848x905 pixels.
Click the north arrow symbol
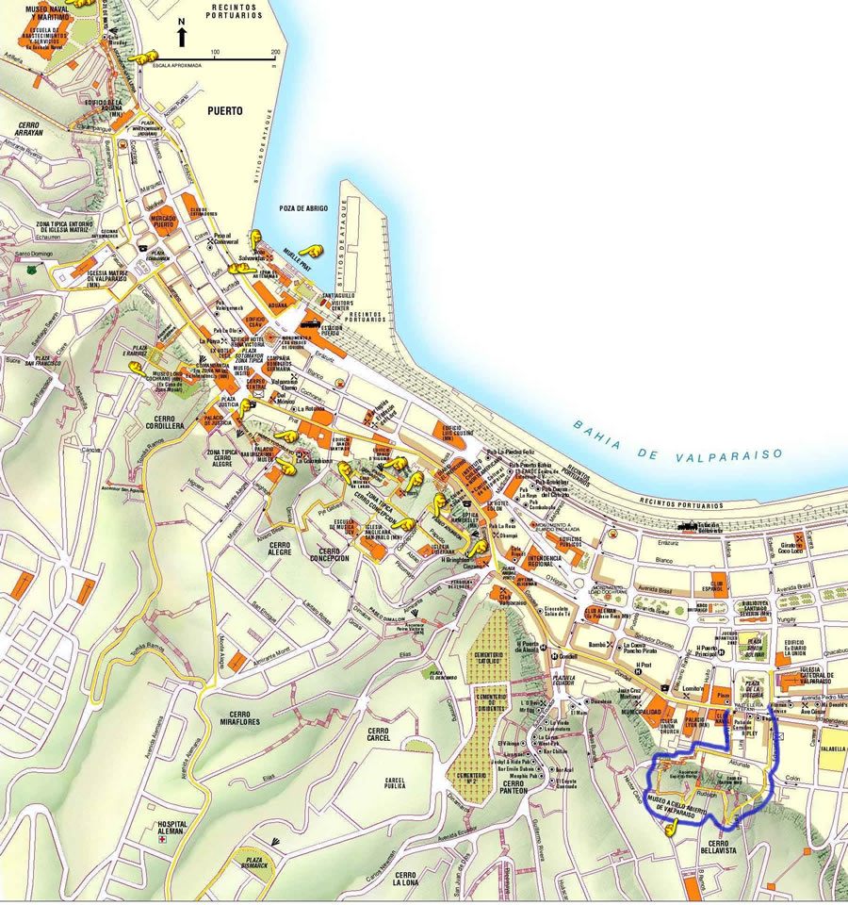[x=182, y=35]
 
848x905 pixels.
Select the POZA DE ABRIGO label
[x=303, y=207]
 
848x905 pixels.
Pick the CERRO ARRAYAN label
[x=36, y=129]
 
